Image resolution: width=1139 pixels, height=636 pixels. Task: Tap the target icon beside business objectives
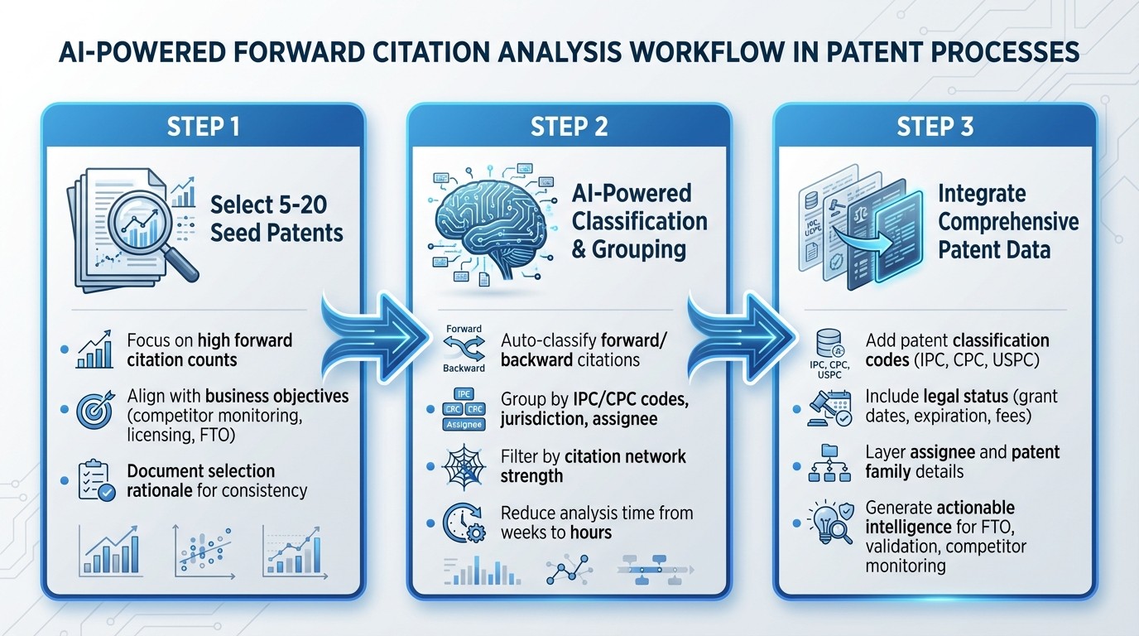click(x=94, y=409)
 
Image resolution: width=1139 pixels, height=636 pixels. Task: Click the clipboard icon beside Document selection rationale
click(x=95, y=480)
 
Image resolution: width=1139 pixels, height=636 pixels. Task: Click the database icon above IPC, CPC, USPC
click(x=828, y=341)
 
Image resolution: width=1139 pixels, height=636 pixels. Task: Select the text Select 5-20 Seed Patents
click(x=276, y=218)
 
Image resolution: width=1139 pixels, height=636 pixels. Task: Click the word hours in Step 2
click(x=589, y=532)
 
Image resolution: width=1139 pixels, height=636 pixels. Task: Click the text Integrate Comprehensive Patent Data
click(x=1007, y=222)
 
